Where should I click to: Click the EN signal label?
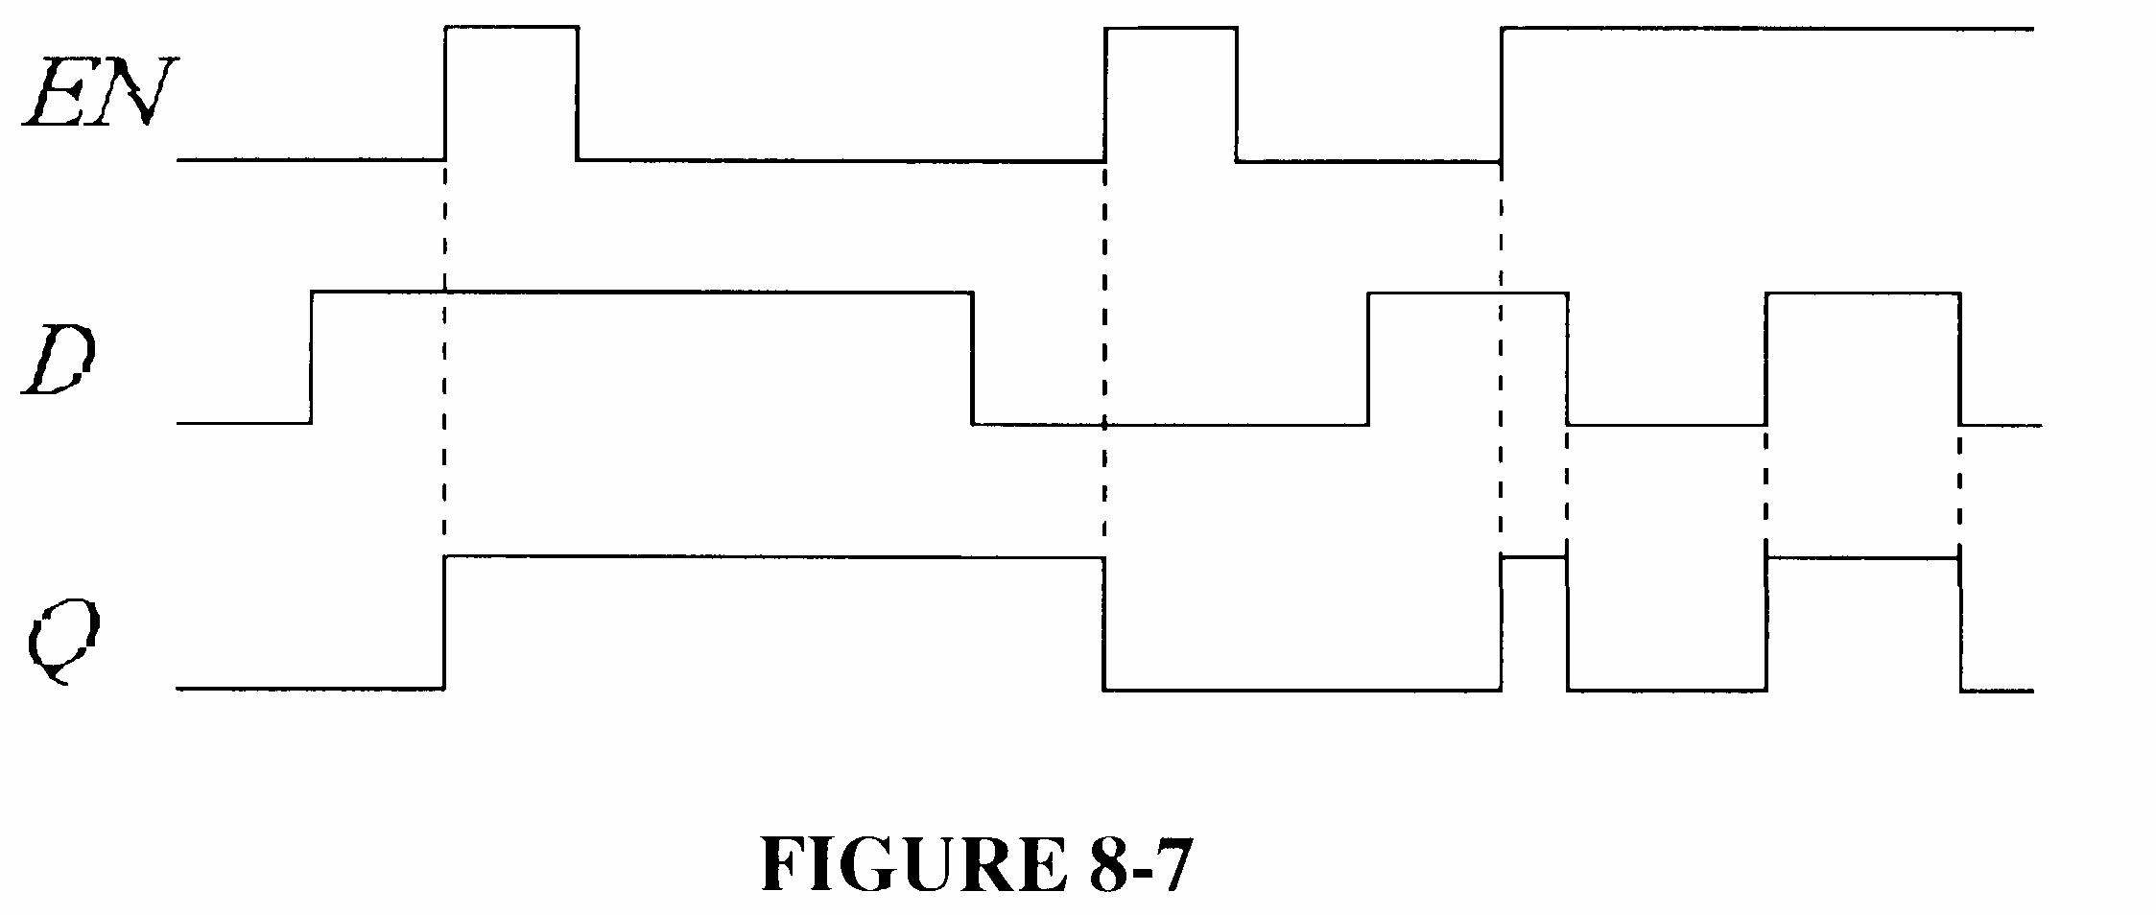tap(96, 93)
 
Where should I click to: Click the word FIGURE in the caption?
tap(912, 864)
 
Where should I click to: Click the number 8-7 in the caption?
tap(1141, 864)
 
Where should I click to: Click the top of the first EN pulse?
tap(511, 28)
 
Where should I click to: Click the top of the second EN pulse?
tap(1171, 28)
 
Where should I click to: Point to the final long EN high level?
tap(1765, 29)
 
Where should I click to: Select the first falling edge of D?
tap(972, 357)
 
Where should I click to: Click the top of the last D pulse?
tap(1861, 293)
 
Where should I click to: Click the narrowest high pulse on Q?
tap(1534, 556)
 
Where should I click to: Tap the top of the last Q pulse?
tap(1861, 557)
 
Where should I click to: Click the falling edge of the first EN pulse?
tap(577, 93)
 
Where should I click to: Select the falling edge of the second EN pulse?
tap(1237, 93)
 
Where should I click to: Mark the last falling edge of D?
tap(1959, 357)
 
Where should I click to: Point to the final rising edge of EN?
tap(1502, 93)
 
